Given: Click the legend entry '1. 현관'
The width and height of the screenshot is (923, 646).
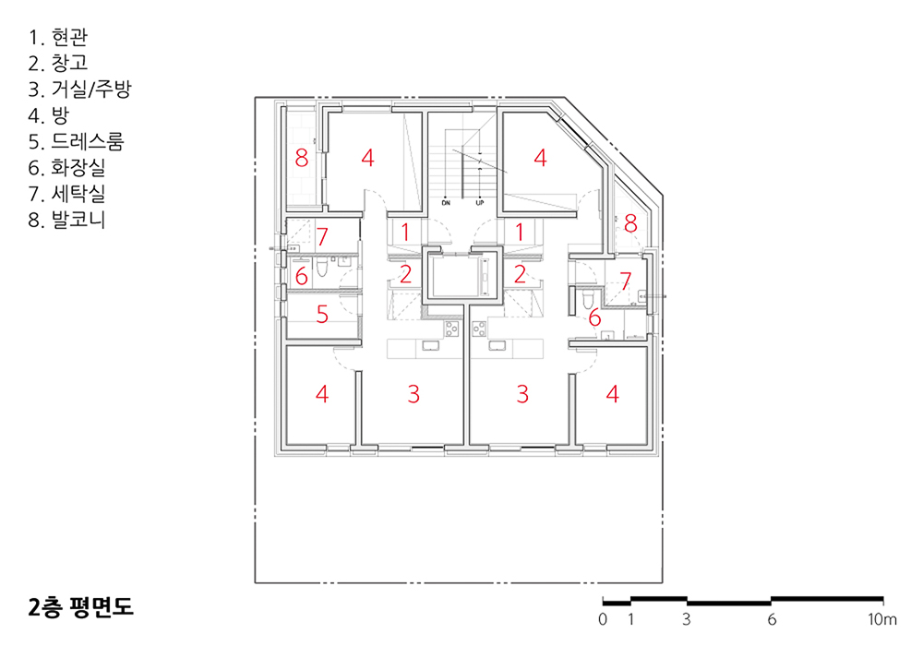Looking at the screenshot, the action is [x=57, y=37].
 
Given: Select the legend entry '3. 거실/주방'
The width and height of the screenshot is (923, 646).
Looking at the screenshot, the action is [x=79, y=90].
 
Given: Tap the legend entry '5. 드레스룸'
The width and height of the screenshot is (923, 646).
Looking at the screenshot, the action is [x=76, y=142].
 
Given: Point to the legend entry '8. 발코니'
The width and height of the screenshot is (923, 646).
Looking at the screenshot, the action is [x=66, y=220].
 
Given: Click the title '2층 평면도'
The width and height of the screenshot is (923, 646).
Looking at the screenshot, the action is [x=80, y=607].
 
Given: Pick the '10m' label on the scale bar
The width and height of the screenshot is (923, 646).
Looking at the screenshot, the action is [x=881, y=619].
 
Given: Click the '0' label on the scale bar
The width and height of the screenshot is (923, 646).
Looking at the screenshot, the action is [x=602, y=619].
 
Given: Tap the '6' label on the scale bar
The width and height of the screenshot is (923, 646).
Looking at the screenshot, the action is [x=772, y=619].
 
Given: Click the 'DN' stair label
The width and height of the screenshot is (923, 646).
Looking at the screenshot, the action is [x=446, y=203].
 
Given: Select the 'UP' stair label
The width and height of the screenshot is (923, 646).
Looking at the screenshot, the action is [x=480, y=203].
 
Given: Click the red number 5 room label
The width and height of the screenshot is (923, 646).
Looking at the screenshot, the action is [x=322, y=314].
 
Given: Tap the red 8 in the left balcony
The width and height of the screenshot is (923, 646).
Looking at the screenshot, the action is [x=302, y=158].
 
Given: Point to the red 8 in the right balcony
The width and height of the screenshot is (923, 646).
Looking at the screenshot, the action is [x=630, y=223].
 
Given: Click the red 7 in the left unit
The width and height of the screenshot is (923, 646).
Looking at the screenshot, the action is [x=322, y=236].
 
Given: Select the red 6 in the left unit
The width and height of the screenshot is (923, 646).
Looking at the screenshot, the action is [x=302, y=276].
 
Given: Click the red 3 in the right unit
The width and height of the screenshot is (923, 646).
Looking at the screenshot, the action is [x=522, y=394].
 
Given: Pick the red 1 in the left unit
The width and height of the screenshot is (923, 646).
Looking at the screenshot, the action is [x=405, y=233].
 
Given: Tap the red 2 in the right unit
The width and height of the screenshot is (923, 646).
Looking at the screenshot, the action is [x=520, y=274].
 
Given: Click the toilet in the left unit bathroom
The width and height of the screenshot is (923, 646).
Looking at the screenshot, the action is [x=321, y=269].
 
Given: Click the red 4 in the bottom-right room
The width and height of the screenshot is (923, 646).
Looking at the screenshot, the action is [x=613, y=394].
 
